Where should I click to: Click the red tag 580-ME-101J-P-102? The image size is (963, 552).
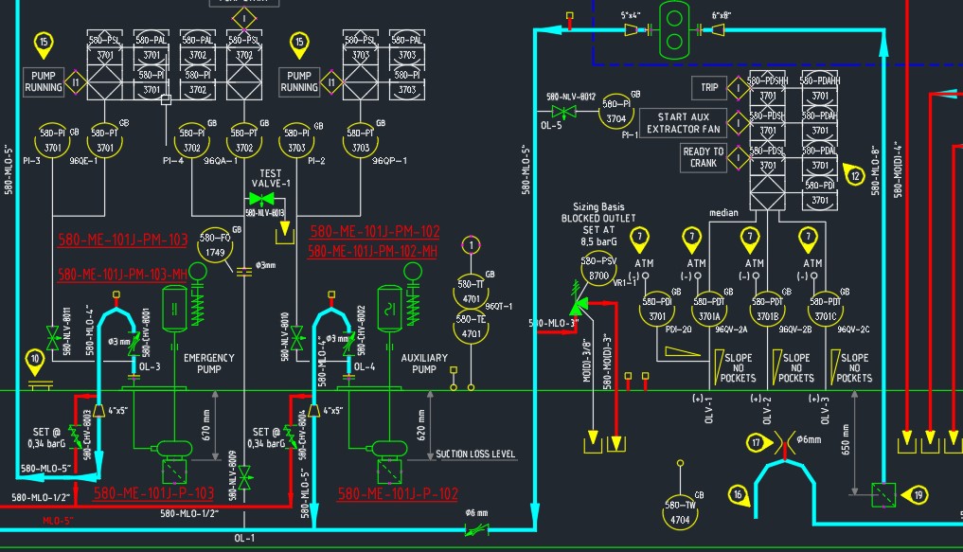pos(397,494)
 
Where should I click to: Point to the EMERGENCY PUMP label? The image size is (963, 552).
pos(209,364)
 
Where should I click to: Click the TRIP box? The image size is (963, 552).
pos(709,87)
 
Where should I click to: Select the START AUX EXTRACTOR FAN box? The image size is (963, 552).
pos(683,122)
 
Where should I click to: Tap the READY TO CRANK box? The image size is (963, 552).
pos(703,157)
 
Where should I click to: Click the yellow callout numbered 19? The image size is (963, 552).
pos(918,493)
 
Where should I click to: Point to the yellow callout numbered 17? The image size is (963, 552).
pos(756,442)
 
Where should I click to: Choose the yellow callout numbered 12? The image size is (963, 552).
pos(855,174)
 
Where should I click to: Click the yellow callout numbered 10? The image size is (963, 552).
pos(36,359)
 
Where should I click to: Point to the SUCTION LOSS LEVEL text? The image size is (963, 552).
pos(475,454)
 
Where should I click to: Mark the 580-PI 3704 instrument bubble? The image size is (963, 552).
pos(616,112)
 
